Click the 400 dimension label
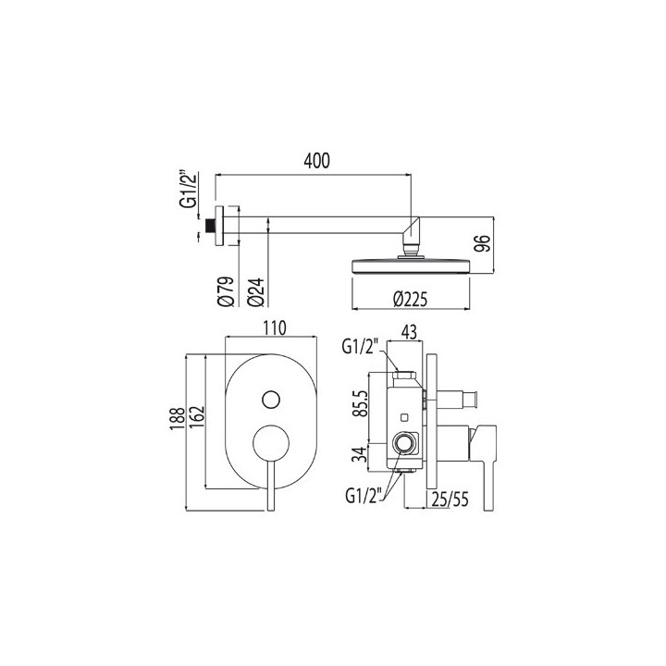coord(317,161)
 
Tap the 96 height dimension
coord(483,244)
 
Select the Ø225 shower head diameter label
coord(410,300)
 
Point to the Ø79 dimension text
coord(226,291)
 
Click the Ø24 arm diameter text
coord(255,292)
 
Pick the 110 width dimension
coord(275,327)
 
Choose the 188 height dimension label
coord(178,419)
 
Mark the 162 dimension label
coord(197,418)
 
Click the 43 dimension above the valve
coord(409,332)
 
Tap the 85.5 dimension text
coord(362,404)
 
